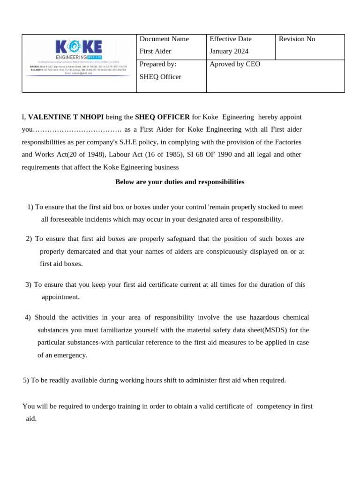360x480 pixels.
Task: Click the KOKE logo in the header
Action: [x=78, y=48]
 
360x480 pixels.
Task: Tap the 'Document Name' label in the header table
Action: [x=164, y=39]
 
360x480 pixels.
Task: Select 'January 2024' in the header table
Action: [x=229, y=51]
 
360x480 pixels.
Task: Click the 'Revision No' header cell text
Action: [x=297, y=39]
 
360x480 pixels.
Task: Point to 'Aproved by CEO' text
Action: [x=235, y=64]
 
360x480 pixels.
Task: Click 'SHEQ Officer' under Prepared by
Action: [x=160, y=76]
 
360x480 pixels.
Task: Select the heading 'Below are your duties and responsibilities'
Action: [x=180, y=182]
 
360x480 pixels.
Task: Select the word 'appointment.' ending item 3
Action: [x=60, y=297]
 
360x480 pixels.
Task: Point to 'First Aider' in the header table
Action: [x=156, y=51]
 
